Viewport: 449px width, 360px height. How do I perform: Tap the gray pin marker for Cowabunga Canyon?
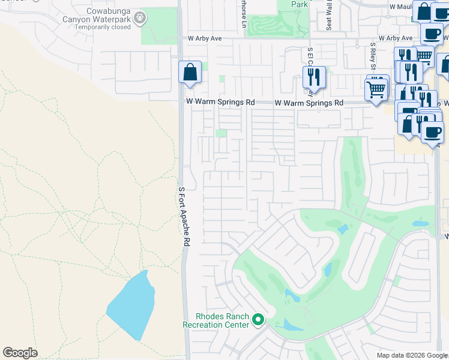tap(140, 18)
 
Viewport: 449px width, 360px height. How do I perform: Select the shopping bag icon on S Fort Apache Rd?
tap(190, 73)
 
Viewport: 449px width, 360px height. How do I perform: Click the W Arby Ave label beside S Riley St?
tap(391, 38)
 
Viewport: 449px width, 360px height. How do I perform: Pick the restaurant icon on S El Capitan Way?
tap(314, 77)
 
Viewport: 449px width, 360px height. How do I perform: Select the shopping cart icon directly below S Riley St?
tap(376, 90)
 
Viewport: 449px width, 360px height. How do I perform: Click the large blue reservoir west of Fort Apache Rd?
tap(131, 307)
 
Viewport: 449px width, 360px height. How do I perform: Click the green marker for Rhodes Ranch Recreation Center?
tap(259, 320)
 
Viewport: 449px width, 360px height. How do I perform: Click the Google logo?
tap(20, 353)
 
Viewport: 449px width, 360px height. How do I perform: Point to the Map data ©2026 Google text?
tap(411, 355)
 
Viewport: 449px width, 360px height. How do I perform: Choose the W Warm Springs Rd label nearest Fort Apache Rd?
tap(219, 103)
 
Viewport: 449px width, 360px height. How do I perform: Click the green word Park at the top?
tap(298, 4)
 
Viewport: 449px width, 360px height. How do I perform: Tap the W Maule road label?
tap(402, 6)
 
